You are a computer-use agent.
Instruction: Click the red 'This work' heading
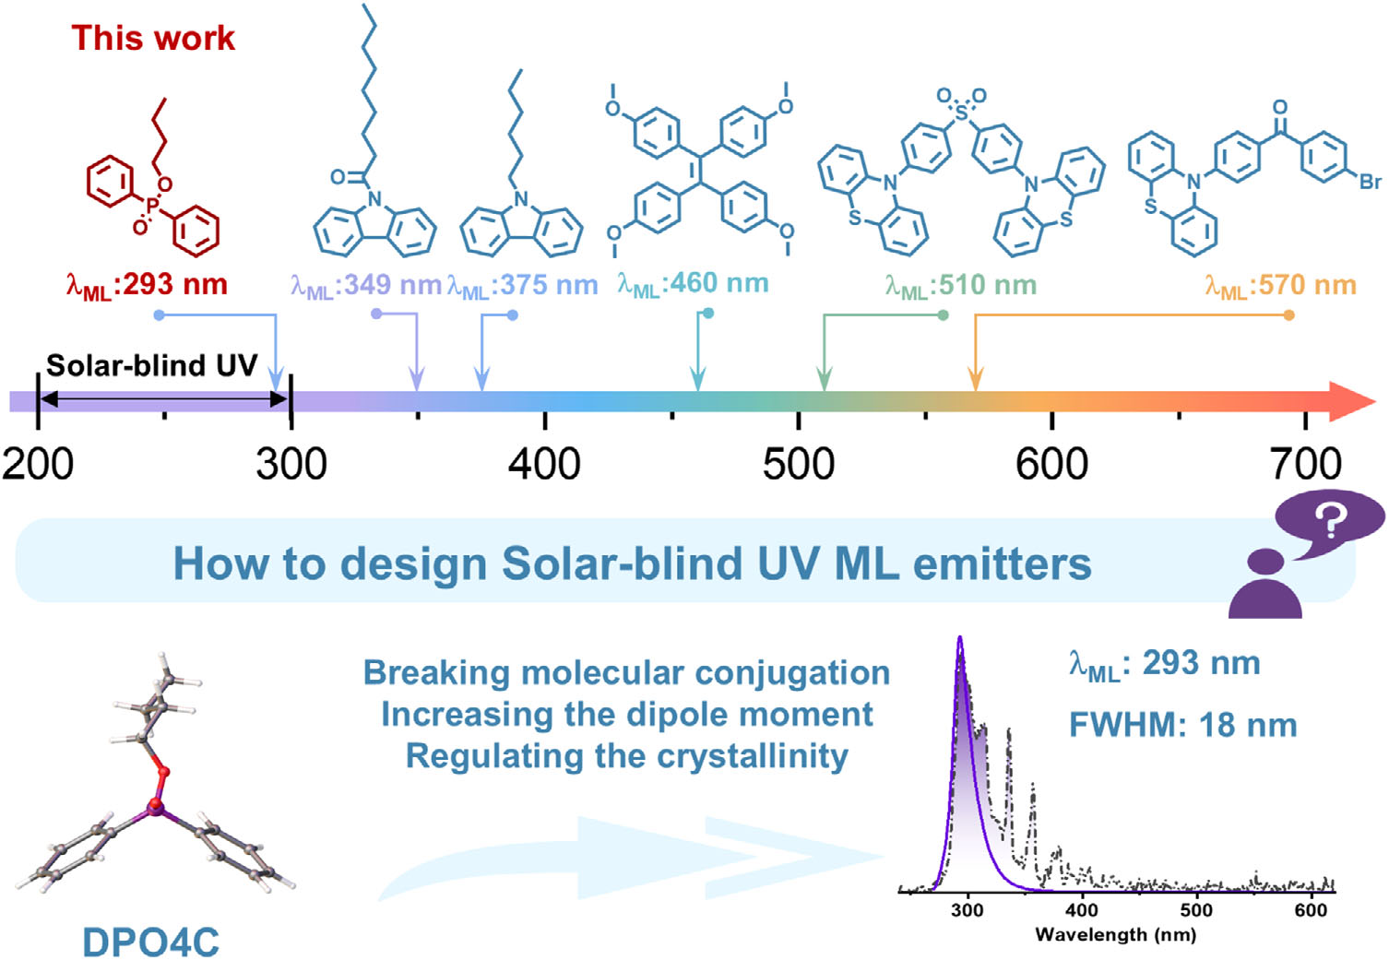153,38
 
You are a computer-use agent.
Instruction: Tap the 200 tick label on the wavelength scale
38,463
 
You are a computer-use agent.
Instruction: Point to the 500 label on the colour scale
798,463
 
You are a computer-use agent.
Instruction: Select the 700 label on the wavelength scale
1305,463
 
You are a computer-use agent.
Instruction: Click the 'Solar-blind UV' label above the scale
152,365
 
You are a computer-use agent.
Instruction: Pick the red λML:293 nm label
147,285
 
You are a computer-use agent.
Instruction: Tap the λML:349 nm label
366,286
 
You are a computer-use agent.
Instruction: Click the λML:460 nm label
693,284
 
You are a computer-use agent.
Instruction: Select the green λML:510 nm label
960,286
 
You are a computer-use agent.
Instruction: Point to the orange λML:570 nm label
1280,286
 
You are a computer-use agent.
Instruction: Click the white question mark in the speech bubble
1330,521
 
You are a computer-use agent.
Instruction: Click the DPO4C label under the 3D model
151,942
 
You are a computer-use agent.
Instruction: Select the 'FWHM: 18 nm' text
1182,726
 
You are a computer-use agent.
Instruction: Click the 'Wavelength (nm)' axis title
1115,935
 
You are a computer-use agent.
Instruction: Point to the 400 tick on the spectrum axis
1082,910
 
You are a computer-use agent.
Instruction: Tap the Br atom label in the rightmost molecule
1370,182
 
